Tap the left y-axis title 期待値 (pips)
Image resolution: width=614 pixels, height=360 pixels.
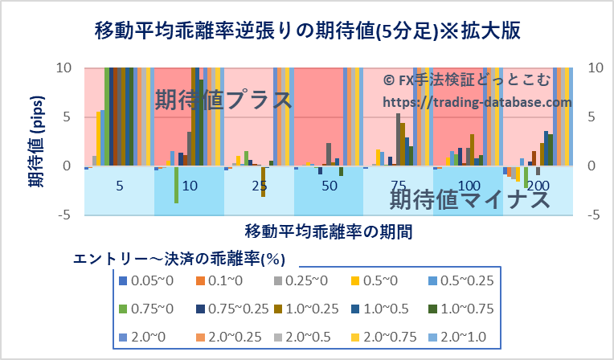click(36, 141)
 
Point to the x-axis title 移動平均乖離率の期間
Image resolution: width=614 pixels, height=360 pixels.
click(330, 232)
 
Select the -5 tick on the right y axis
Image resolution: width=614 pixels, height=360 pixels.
click(596, 215)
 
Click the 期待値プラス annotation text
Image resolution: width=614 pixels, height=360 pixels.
click(223, 100)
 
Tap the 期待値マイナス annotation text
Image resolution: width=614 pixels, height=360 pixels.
click(469, 199)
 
